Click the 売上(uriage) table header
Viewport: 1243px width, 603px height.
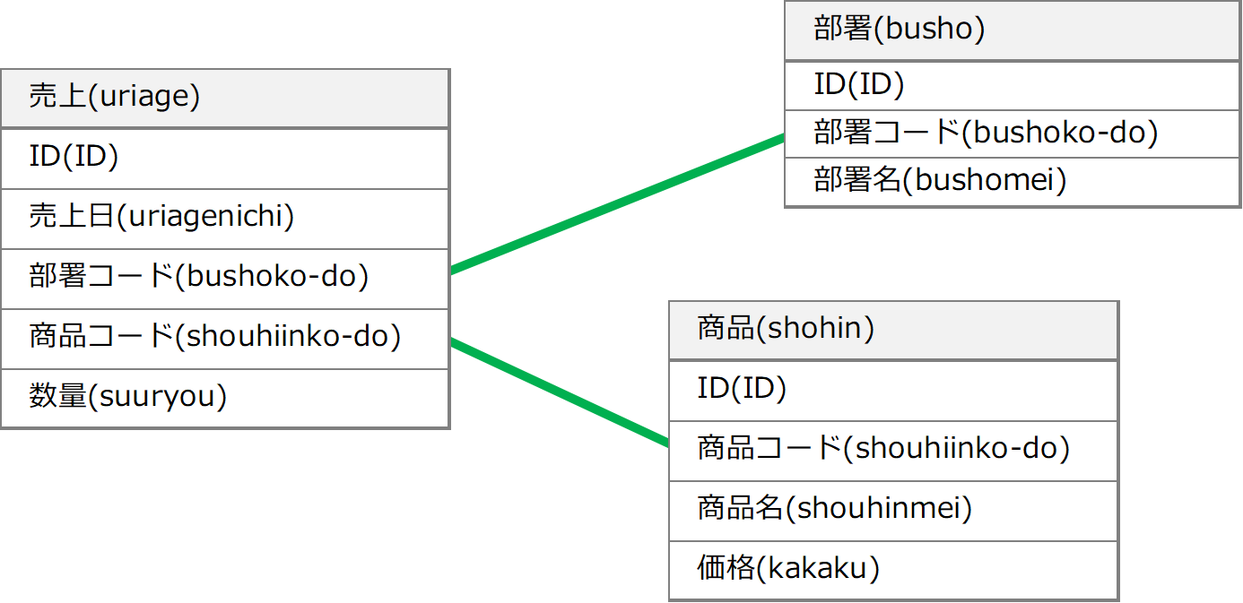(x=225, y=98)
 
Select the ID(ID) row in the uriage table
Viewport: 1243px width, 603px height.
(x=225, y=159)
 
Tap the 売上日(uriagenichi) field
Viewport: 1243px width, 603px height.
(x=225, y=219)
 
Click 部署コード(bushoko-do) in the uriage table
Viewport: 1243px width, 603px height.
(x=225, y=279)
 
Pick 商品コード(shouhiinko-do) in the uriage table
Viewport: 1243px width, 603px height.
(x=225, y=340)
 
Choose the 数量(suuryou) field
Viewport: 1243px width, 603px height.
(x=225, y=399)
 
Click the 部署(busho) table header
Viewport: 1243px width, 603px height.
(x=1013, y=30)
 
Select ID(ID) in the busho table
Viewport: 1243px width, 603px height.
(x=1013, y=86)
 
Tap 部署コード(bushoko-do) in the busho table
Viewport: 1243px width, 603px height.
(x=1013, y=134)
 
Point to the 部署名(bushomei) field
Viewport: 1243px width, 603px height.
(x=1013, y=182)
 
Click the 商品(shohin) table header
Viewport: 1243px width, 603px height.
(x=893, y=331)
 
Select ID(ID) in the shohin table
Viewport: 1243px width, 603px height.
(x=893, y=391)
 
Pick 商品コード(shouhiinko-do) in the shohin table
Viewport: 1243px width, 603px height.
(x=893, y=452)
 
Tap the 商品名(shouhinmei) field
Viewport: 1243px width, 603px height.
(x=893, y=511)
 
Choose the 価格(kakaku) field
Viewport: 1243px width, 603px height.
(x=893, y=571)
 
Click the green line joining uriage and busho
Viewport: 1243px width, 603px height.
(x=617, y=204)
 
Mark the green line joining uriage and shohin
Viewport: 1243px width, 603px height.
(x=560, y=392)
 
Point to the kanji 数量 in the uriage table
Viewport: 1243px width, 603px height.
(x=57, y=396)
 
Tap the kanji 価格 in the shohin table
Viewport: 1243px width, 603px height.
(x=726, y=567)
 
